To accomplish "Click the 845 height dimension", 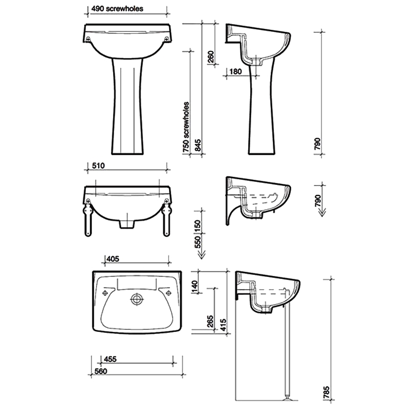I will coord(198,145).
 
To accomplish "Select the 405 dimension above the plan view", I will coord(111,259).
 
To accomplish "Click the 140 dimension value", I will coord(195,287).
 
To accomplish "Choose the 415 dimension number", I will coord(222,324).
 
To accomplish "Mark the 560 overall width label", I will coord(101,371).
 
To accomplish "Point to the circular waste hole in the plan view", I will coord(137,298).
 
